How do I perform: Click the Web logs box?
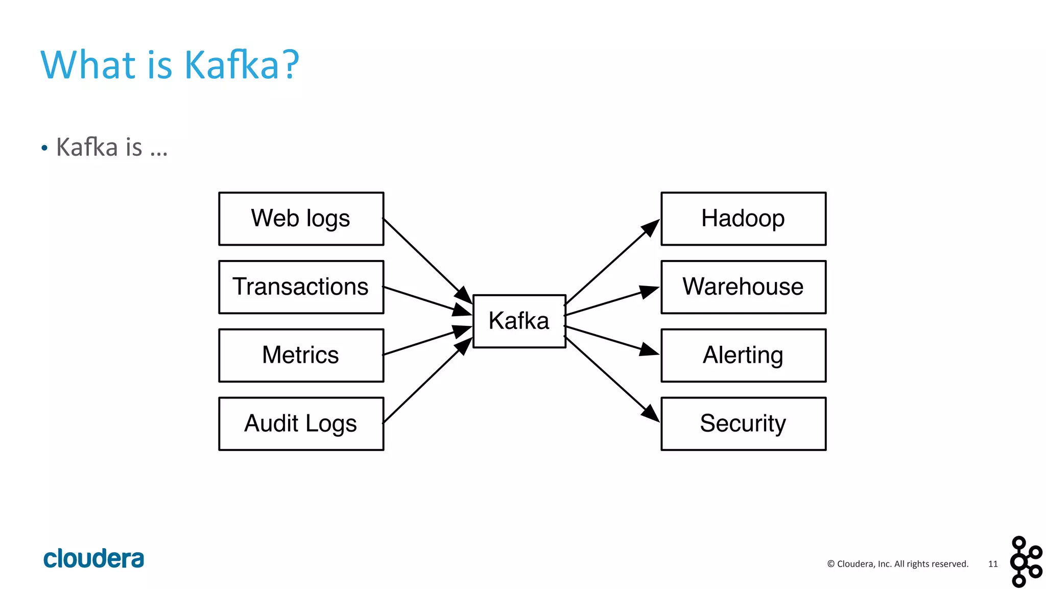[301, 219]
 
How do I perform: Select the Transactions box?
[301, 287]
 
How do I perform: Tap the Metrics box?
[301, 356]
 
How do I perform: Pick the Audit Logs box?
[301, 424]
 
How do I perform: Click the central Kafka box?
[519, 321]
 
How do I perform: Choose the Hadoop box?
[743, 219]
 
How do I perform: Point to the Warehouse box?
[743, 287]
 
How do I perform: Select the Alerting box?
[743, 356]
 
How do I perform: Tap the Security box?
[743, 424]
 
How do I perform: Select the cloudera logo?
[93, 558]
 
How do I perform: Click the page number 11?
[992, 564]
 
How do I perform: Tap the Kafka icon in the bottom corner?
[1025, 561]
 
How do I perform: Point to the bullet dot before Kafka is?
[44, 148]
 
